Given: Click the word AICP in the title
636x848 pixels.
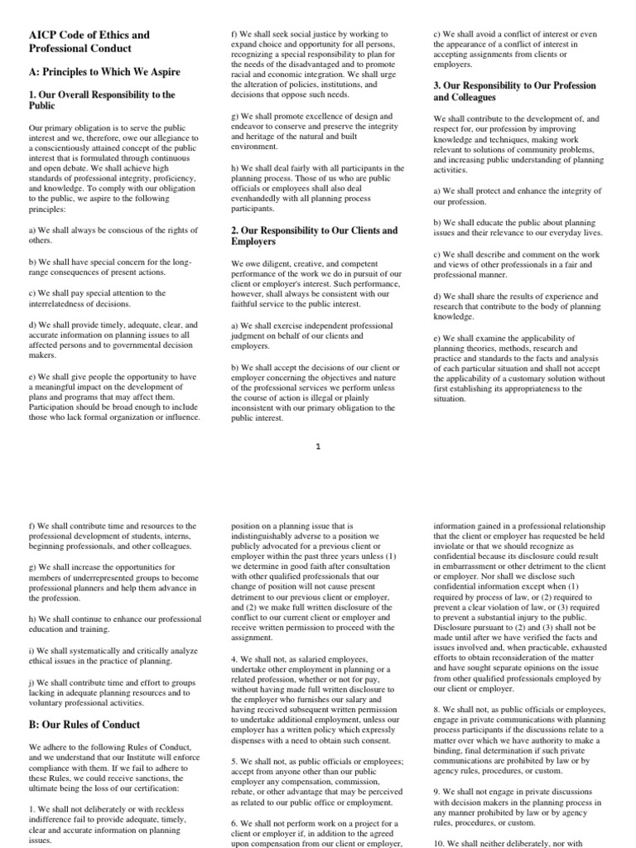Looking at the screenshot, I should (45, 35).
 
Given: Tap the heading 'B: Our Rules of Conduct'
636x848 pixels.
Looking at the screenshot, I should (84, 724).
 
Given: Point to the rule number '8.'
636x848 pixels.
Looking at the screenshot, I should (438, 710).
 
